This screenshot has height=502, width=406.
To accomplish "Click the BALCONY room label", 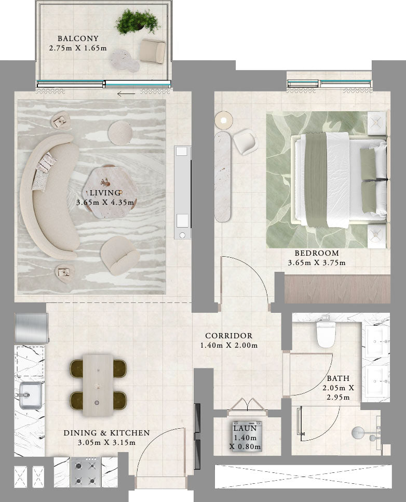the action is pos(78,38).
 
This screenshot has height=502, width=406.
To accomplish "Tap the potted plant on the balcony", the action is pos(138,21).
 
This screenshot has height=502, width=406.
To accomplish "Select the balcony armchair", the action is pos(152,51).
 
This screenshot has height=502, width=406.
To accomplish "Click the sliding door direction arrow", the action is pos(126,94).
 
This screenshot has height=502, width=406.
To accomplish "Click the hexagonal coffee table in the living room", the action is pos(110,193).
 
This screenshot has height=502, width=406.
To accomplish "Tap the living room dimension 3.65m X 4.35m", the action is pos(105,202).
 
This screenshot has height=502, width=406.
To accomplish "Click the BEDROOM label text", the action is pos(317,253).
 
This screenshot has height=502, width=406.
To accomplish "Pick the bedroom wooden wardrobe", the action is pos(337,289).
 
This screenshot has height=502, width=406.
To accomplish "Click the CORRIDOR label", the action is pos(229,336).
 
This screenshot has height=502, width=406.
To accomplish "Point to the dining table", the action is pos(98,385).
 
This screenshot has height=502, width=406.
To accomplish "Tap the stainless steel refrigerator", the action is pos(31,328).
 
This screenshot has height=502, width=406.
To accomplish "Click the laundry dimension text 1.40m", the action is pos(245,438).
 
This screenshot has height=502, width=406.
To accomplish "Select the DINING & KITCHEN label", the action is pos(106,433).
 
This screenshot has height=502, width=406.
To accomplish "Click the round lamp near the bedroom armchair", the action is pos(224,120).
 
